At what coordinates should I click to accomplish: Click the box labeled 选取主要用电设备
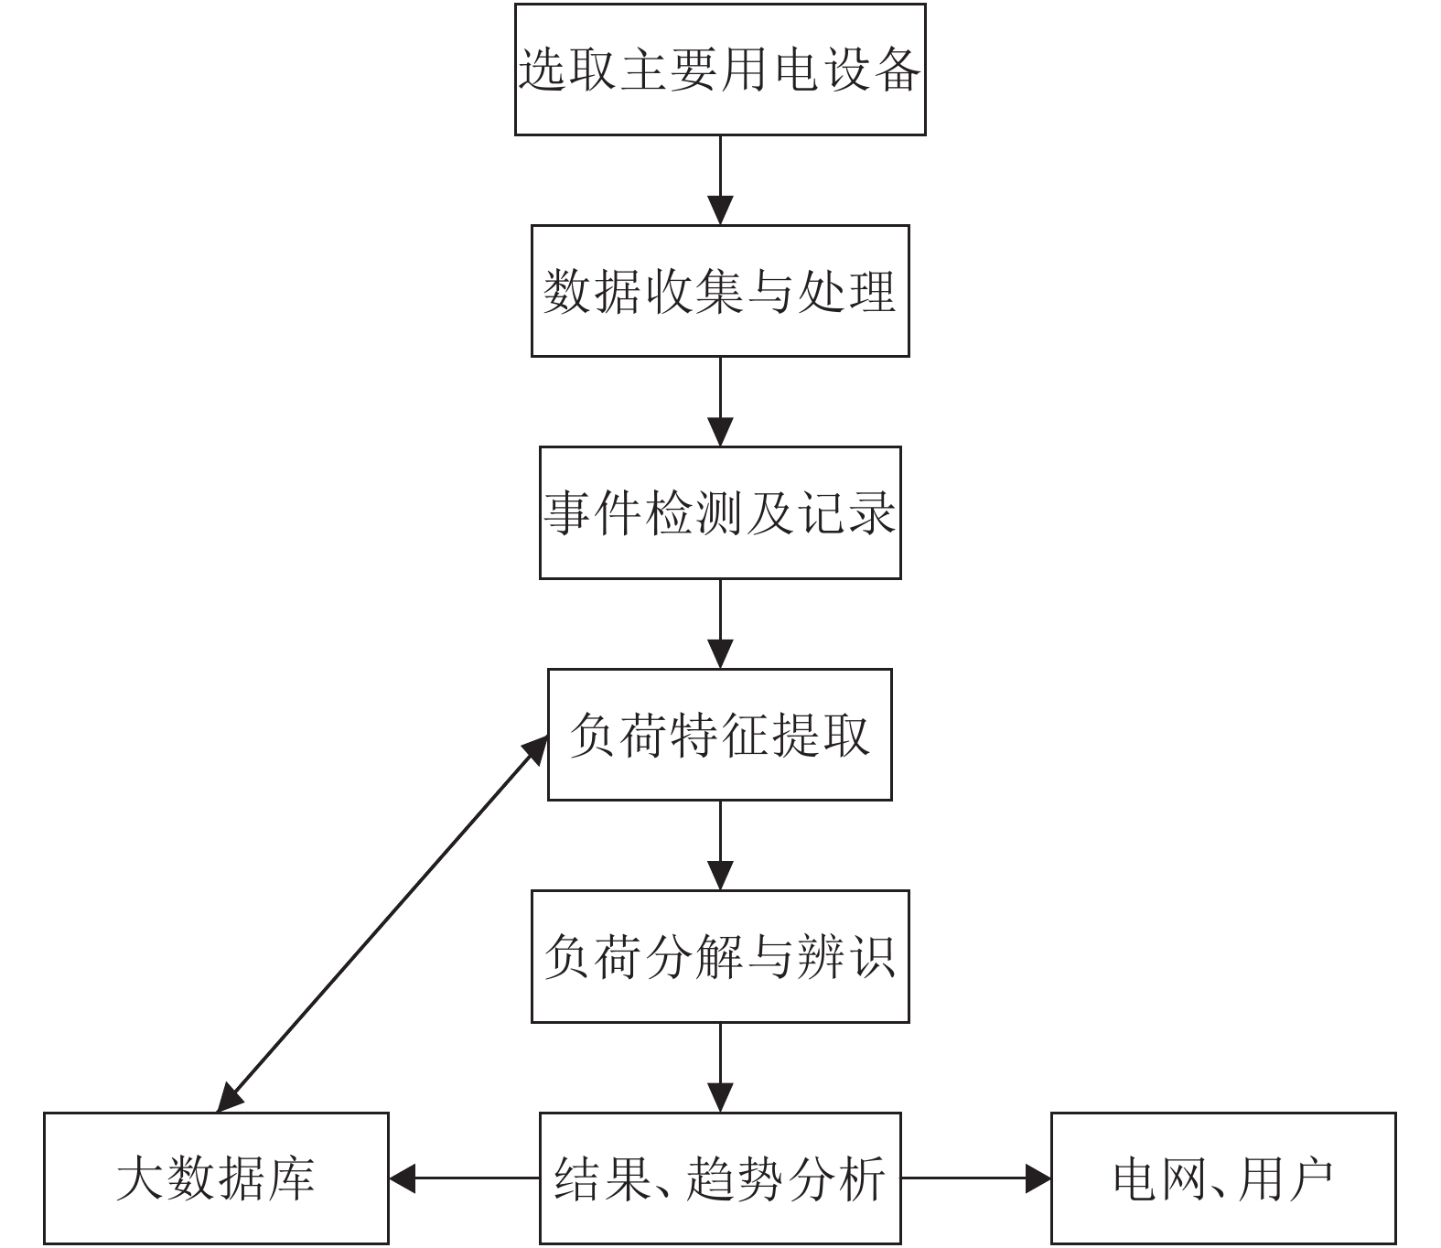720,70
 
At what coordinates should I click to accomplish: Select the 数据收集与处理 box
720,291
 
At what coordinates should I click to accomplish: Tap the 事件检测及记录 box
720,512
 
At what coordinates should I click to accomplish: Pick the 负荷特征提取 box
720,735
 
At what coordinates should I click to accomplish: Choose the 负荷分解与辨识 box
720,956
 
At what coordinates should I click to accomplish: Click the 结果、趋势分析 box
720,1178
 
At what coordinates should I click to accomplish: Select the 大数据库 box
216,1178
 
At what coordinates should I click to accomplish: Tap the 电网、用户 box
1223,1178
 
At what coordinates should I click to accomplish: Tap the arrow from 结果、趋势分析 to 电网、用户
975,1178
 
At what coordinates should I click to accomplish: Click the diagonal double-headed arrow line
382,924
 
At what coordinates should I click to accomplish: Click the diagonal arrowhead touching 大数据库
230,1097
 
